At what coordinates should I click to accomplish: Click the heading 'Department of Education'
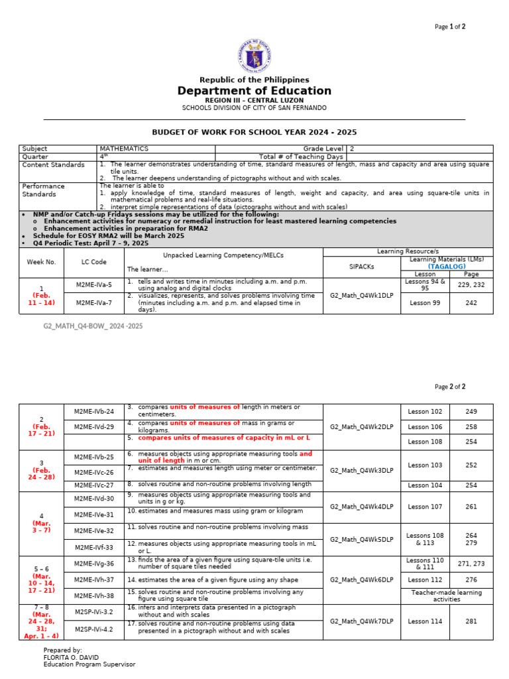tap(254, 91)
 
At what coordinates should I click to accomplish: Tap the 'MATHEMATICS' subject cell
tap(124, 149)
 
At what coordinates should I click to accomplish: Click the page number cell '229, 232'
tap(471, 284)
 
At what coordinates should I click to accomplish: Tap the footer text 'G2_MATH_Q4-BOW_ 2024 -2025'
tap(93, 326)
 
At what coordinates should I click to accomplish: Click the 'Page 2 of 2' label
tap(450, 387)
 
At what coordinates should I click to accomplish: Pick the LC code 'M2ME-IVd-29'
tap(94, 426)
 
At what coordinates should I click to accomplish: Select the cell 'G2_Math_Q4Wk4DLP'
tap(363, 507)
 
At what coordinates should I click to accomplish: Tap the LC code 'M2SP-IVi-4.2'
tap(94, 629)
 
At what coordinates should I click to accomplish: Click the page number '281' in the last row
tap(471, 621)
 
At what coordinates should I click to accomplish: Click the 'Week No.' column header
tap(41, 262)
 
